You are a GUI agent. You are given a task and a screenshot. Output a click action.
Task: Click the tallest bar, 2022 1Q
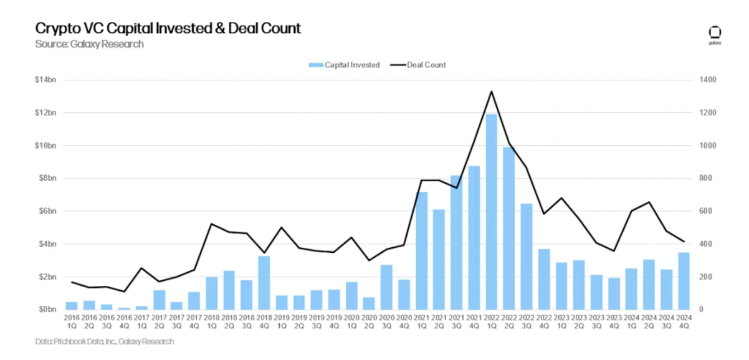492,212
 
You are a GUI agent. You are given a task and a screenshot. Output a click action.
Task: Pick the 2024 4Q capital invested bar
684,280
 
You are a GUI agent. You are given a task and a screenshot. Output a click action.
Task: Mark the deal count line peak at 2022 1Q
492,92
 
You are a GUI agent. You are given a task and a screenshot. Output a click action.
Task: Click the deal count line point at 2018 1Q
211,224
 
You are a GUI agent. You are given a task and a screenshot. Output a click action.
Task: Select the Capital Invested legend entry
344,65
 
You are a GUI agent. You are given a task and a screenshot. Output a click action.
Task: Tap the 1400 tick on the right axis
708,80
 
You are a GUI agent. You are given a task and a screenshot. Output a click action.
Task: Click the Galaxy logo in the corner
714,36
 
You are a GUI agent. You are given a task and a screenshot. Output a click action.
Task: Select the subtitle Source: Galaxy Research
90,44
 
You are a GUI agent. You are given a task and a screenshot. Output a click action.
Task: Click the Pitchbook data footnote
105,341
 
